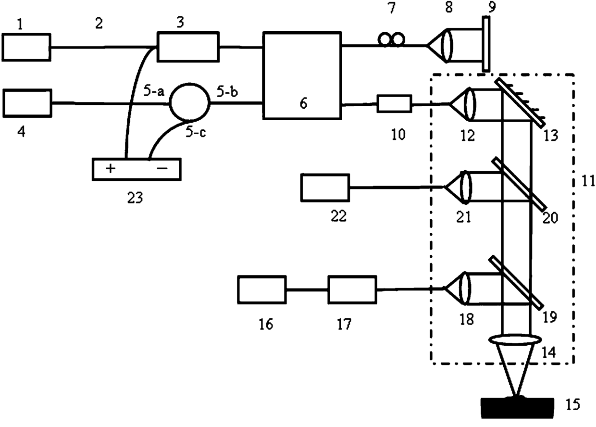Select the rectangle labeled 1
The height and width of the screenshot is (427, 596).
[26, 47]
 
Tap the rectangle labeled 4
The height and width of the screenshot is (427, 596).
[26, 102]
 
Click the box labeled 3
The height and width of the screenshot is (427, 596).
[188, 47]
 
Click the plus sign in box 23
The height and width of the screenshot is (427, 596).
[111, 169]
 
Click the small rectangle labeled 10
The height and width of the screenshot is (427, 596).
[394, 103]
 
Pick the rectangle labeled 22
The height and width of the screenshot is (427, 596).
[325, 187]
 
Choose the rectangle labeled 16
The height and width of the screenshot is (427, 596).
[262, 289]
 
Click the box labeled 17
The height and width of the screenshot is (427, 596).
[352, 289]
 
